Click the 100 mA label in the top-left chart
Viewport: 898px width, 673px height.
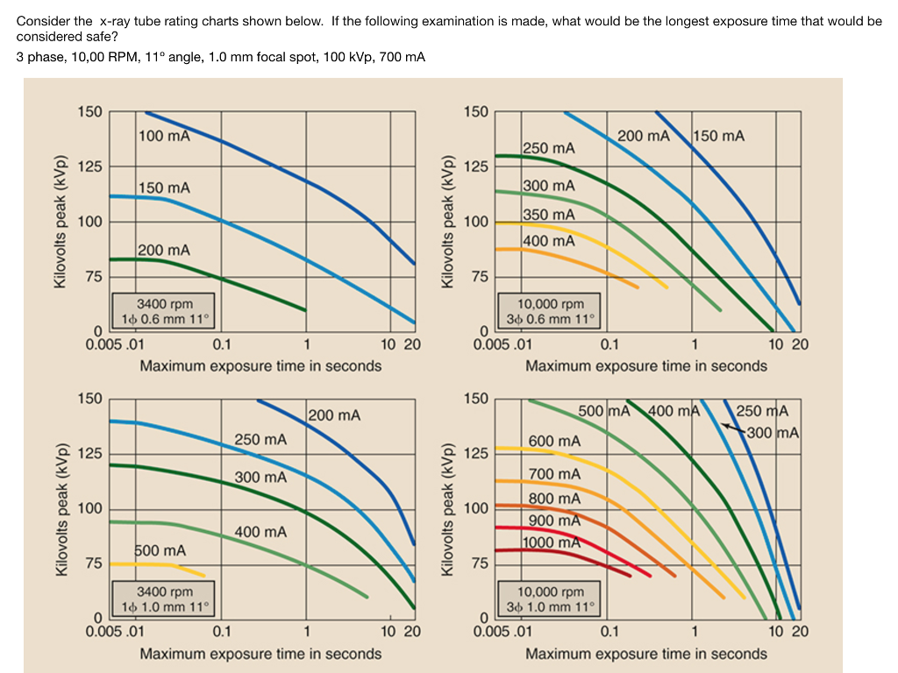click(164, 136)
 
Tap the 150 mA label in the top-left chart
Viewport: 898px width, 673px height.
click(164, 188)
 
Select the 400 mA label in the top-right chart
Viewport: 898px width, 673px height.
click(549, 240)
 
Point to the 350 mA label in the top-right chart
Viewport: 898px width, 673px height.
click(549, 215)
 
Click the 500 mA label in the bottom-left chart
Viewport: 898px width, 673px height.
click(160, 550)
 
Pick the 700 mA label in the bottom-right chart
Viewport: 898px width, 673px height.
click(554, 474)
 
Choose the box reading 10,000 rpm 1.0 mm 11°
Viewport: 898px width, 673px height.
click(550, 599)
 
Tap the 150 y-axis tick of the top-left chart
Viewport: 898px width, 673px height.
click(89, 112)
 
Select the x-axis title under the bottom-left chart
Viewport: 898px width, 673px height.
click(260, 654)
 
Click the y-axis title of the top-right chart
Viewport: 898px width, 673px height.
click(448, 223)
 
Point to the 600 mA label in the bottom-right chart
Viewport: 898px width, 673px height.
click(554, 441)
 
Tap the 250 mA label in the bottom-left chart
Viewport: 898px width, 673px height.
click(260, 439)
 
